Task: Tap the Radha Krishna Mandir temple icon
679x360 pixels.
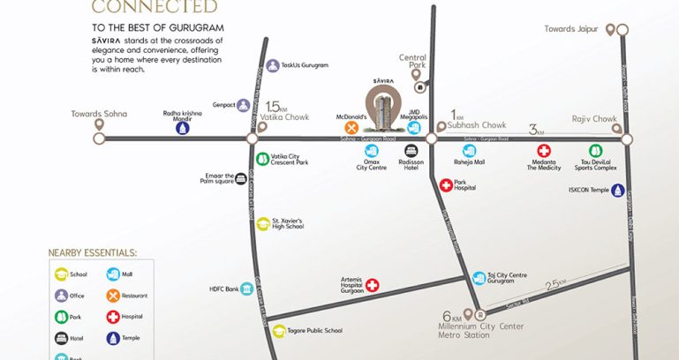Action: click(182, 128)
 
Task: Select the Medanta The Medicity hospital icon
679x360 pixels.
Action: click(544, 151)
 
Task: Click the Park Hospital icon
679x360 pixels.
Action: click(446, 185)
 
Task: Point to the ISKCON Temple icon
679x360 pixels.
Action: click(617, 190)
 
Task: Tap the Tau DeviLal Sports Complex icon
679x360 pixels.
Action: click(595, 151)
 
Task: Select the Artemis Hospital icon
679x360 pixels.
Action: click(373, 285)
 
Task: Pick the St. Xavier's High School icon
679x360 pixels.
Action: click(262, 224)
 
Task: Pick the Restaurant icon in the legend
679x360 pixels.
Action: click(113, 296)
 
